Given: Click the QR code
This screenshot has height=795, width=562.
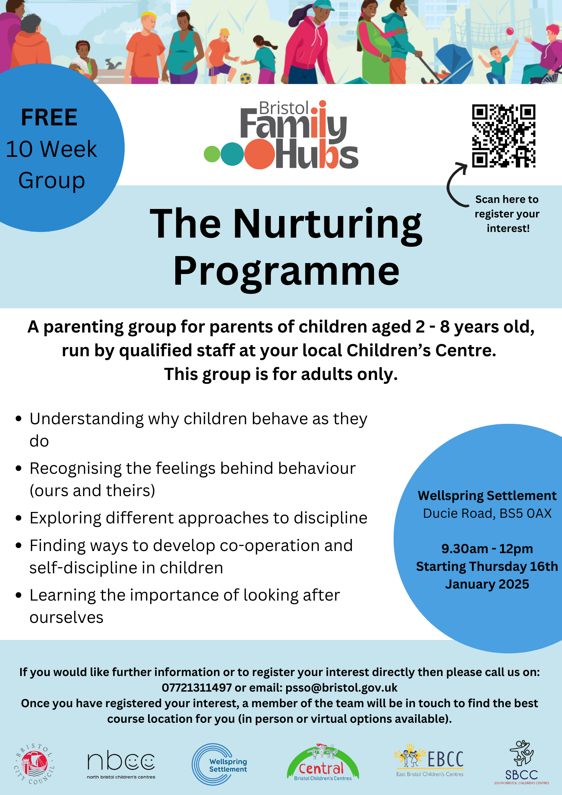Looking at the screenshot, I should (503, 136).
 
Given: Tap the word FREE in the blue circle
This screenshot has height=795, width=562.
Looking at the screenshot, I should (49, 118).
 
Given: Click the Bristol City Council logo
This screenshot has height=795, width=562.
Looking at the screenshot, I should (34, 764).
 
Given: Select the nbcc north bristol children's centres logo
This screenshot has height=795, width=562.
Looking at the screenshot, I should (121, 765).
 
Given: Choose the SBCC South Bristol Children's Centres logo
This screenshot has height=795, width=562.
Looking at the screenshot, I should (522, 763).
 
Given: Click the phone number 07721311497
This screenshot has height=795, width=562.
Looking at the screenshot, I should (197, 688).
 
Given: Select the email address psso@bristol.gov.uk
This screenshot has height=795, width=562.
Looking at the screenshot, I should (341, 688).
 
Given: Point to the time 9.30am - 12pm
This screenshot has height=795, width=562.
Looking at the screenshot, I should (487, 549).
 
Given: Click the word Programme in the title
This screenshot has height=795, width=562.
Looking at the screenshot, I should (286, 271).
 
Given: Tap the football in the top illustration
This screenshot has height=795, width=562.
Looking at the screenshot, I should (246, 78).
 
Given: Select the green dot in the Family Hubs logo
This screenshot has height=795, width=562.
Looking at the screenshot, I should (212, 154).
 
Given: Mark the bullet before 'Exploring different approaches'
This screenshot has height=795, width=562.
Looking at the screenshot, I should (19, 518).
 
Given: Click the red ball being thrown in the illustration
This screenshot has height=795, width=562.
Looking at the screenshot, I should (510, 31).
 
